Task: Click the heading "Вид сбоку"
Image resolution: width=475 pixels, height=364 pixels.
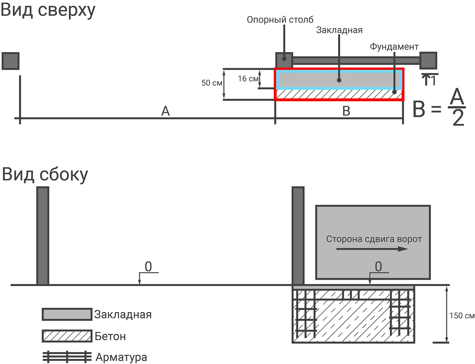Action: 45,175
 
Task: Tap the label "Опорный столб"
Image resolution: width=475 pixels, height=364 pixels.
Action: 280,20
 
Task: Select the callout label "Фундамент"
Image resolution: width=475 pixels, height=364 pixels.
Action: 394,47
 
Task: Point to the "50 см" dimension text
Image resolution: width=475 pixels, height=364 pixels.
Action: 212,83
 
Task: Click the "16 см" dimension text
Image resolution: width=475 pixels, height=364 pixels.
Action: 248,79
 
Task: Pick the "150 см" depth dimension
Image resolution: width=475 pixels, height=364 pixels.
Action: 462,316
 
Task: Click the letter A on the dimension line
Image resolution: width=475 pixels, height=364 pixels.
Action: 165,111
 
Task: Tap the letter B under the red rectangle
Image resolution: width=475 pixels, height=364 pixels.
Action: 346,111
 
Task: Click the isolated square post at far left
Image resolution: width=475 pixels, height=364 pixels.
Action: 11,61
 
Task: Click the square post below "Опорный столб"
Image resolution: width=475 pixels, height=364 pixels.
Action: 284,60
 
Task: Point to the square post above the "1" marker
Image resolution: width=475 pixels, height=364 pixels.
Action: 428,60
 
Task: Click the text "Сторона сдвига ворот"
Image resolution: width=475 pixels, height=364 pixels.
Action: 374,239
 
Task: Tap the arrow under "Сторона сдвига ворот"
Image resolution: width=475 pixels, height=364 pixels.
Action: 372,249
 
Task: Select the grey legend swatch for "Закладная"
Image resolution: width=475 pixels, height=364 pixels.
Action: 67,314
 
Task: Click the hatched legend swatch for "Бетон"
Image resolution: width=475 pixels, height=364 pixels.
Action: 67,336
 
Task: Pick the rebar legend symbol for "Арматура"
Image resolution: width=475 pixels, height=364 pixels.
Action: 67,357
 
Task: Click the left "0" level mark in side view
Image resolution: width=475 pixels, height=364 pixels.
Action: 148,267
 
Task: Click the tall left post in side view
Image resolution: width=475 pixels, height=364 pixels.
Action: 43,236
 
